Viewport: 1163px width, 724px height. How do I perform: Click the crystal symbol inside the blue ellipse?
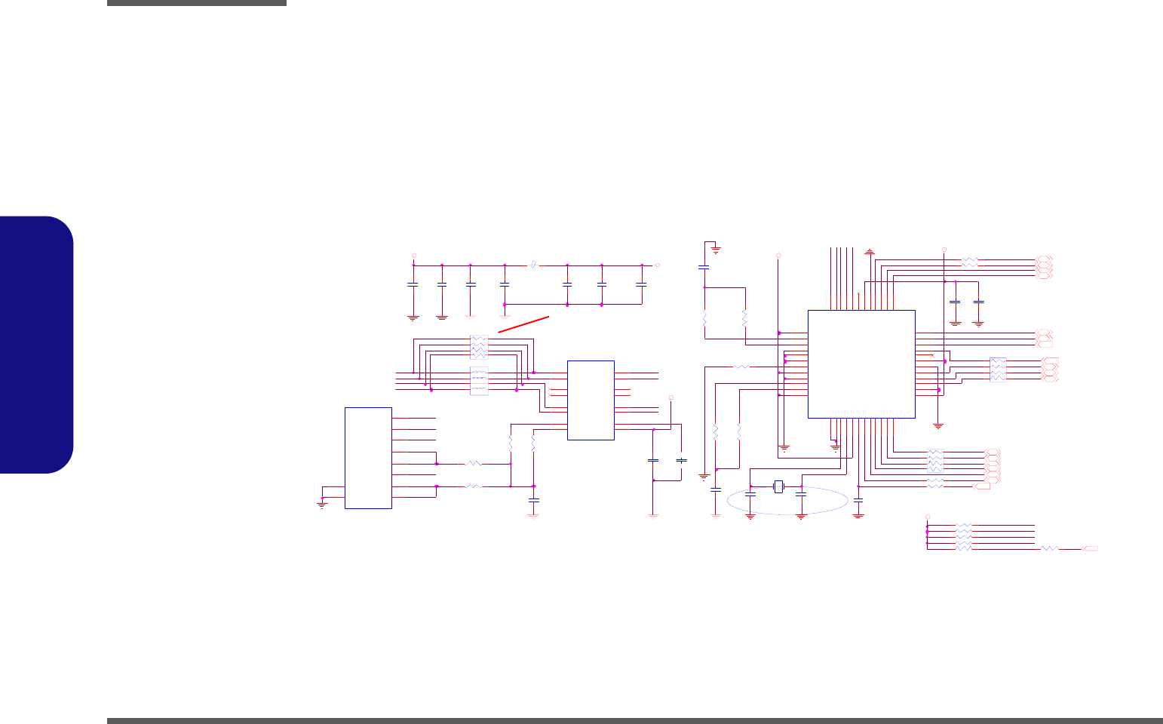point(779,487)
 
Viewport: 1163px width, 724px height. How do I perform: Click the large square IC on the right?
point(861,364)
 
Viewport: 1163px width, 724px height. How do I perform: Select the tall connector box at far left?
point(368,458)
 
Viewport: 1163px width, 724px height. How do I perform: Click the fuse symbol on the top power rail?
point(534,265)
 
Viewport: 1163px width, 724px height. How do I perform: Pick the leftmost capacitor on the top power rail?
point(413,285)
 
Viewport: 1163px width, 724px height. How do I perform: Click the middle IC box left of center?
point(591,400)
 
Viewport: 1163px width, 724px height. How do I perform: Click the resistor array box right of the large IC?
point(998,369)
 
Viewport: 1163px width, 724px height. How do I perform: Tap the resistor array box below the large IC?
point(934,461)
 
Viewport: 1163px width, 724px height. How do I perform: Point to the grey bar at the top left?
point(197,3)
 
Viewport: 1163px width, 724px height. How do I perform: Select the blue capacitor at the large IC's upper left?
point(704,267)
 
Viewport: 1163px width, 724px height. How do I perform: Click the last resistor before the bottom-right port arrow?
point(1050,548)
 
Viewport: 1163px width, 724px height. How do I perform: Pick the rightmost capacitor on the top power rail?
point(642,285)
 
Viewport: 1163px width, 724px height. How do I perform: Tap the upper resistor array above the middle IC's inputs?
point(479,347)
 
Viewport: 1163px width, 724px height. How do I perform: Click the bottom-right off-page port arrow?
point(1089,548)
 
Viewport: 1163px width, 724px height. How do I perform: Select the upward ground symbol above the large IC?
point(870,251)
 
